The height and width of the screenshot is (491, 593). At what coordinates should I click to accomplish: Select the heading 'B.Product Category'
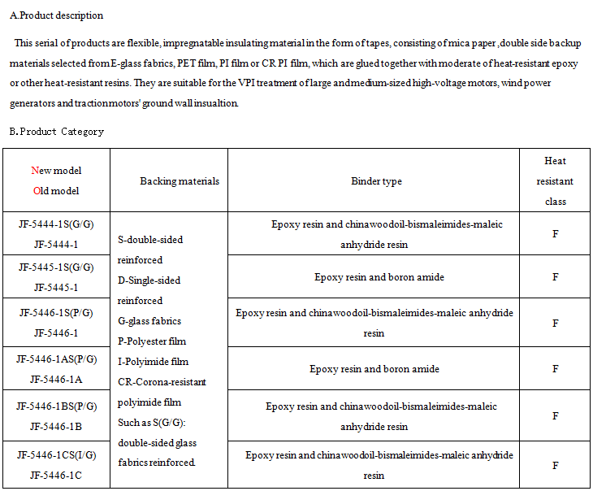tap(56, 131)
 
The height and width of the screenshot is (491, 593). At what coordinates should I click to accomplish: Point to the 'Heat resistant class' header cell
tap(555, 181)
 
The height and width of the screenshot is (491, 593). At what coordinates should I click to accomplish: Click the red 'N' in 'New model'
tap(34, 171)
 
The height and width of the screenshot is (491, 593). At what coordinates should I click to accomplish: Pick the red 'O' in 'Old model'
tap(34, 191)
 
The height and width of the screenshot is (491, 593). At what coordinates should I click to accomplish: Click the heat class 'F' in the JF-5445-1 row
tap(555, 277)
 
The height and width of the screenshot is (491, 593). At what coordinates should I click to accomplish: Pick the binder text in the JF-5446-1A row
tap(374, 369)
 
